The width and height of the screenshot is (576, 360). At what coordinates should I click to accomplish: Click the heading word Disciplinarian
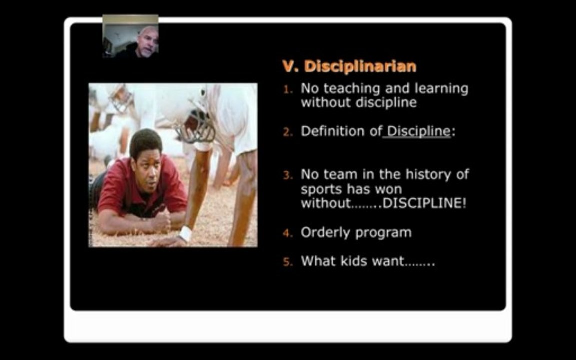point(360,66)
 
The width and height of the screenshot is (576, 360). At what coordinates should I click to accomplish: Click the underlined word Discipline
point(418,132)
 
